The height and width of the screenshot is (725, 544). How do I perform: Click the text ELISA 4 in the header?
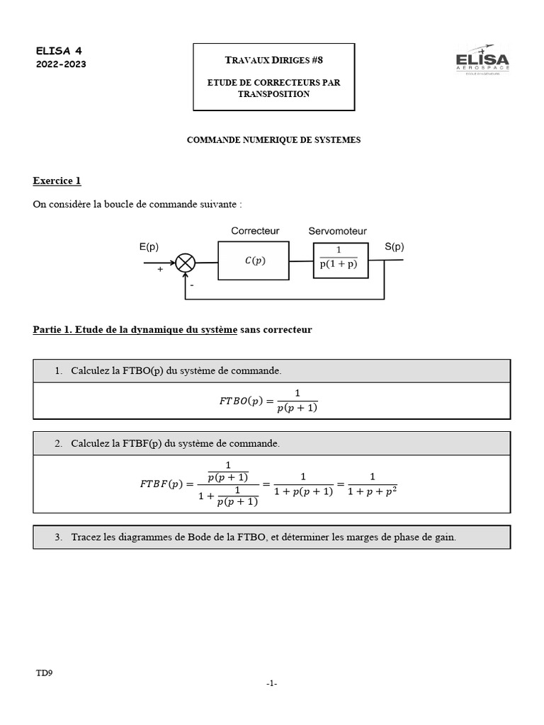pos(59,51)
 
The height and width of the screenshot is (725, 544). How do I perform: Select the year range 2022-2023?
pos(61,64)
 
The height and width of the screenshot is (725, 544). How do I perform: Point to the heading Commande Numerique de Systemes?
pos(273,140)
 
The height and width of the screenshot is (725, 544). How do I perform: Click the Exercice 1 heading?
pos(57,181)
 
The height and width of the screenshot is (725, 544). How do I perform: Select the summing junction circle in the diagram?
pos(186,263)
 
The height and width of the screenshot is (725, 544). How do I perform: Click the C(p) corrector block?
pos(254,261)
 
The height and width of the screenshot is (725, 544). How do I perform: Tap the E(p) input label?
pos(149,247)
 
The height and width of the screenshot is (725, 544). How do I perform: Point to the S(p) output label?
pos(394,247)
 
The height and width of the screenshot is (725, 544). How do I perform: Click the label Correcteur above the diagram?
pos(255,231)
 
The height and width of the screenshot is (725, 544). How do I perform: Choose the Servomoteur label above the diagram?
pos(338,231)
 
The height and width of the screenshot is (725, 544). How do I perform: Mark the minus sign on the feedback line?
pos(191,284)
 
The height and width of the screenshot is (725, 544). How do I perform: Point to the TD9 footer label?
pos(44,673)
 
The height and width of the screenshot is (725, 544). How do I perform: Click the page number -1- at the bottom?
pos(272,683)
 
